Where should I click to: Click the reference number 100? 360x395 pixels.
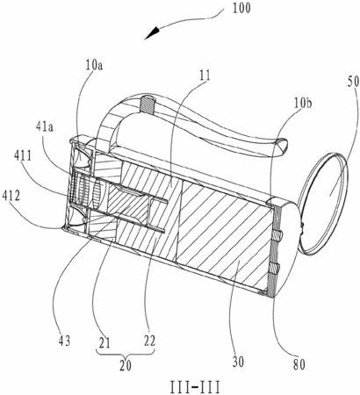coord(241,9)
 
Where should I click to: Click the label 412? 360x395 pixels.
coord(11,196)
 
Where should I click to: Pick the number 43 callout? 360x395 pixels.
coord(64,341)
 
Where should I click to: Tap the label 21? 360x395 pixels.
coord(104,341)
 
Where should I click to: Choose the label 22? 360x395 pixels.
coord(149,341)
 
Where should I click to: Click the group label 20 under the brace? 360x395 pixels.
coord(126,366)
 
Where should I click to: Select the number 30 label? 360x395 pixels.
coord(238,362)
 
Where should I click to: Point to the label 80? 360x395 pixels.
coord(299,365)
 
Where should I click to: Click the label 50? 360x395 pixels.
coord(353,83)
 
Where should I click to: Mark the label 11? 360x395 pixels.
coord(205,75)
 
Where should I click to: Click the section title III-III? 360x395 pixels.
coord(195,388)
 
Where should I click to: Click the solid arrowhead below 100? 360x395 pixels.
coord(153,32)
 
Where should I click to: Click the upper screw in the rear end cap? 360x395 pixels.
coord(278,235)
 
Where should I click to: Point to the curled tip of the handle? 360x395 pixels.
coord(281,146)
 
